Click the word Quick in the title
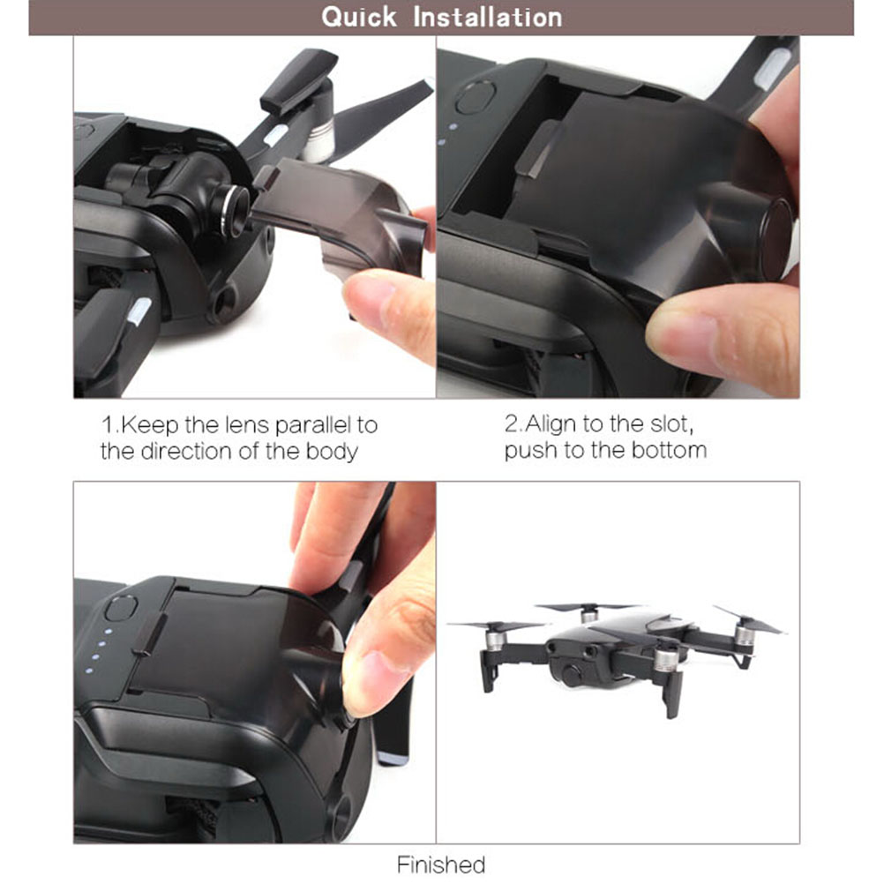(358, 17)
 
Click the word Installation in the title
(488, 17)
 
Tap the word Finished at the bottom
(441, 865)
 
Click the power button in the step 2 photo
(476, 97)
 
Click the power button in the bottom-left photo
(121, 610)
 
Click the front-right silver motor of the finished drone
(665, 659)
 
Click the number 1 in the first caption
(107, 424)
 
